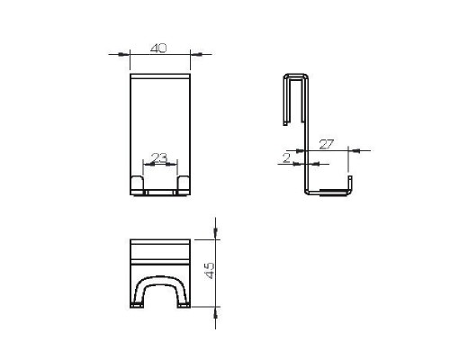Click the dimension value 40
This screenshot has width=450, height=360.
point(158,49)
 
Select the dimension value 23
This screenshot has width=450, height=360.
point(159,157)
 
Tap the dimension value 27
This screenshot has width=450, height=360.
point(326,144)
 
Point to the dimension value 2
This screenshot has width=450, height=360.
point(287,158)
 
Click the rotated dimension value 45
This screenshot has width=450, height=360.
point(210,271)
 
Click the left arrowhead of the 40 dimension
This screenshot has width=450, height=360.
point(121,54)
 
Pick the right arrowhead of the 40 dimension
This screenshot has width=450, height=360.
point(198,54)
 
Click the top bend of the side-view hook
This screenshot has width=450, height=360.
point(296,75)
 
